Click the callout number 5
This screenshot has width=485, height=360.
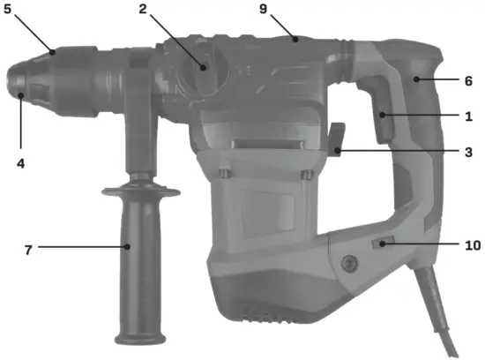8,13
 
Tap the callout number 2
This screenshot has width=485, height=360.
141,11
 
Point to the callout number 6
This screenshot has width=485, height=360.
468,80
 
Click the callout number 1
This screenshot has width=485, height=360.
468,116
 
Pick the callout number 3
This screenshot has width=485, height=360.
468,151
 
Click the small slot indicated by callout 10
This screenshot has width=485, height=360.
381,244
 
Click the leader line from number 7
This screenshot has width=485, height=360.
79,248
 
